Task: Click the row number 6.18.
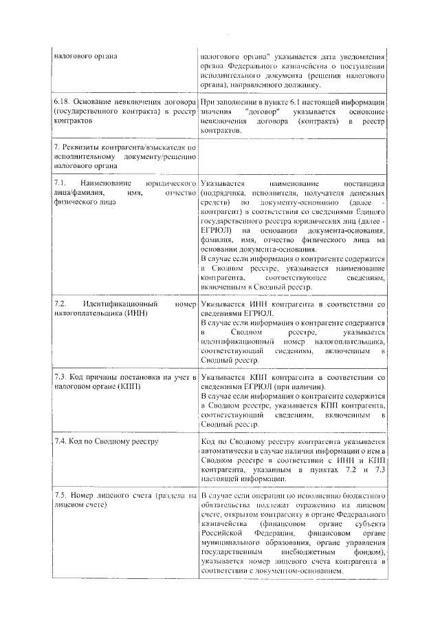[62, 101]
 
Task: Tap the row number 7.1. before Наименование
[60, 184]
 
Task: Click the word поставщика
[365, 184]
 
